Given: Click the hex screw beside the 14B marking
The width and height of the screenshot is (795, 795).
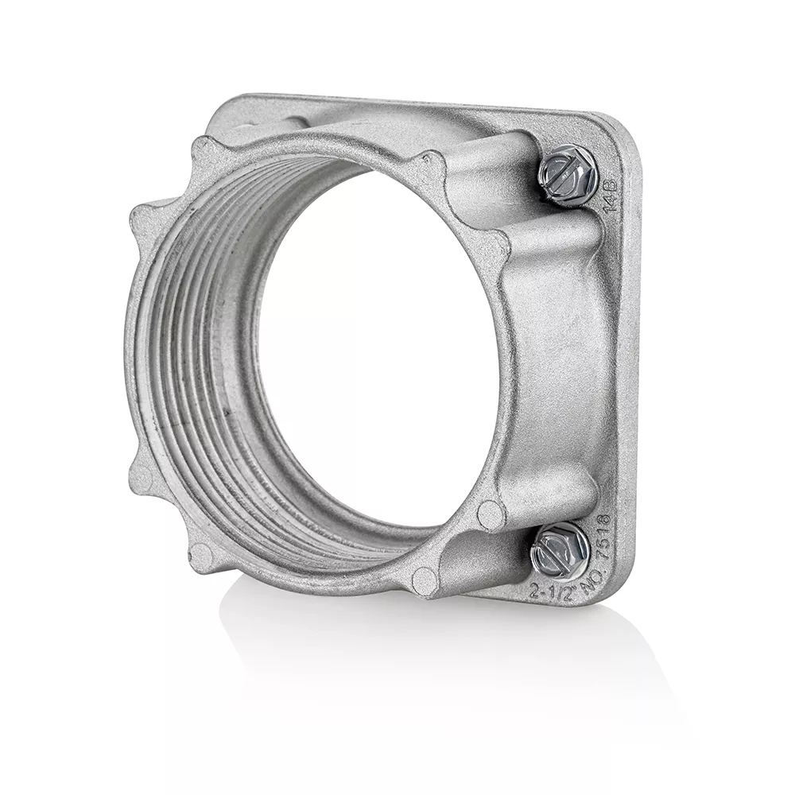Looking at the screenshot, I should [x=566, y=175].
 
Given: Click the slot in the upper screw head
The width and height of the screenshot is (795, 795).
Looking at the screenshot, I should [x=564, y=173].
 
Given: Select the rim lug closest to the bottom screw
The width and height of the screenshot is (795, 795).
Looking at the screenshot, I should [x=491, y=514].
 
